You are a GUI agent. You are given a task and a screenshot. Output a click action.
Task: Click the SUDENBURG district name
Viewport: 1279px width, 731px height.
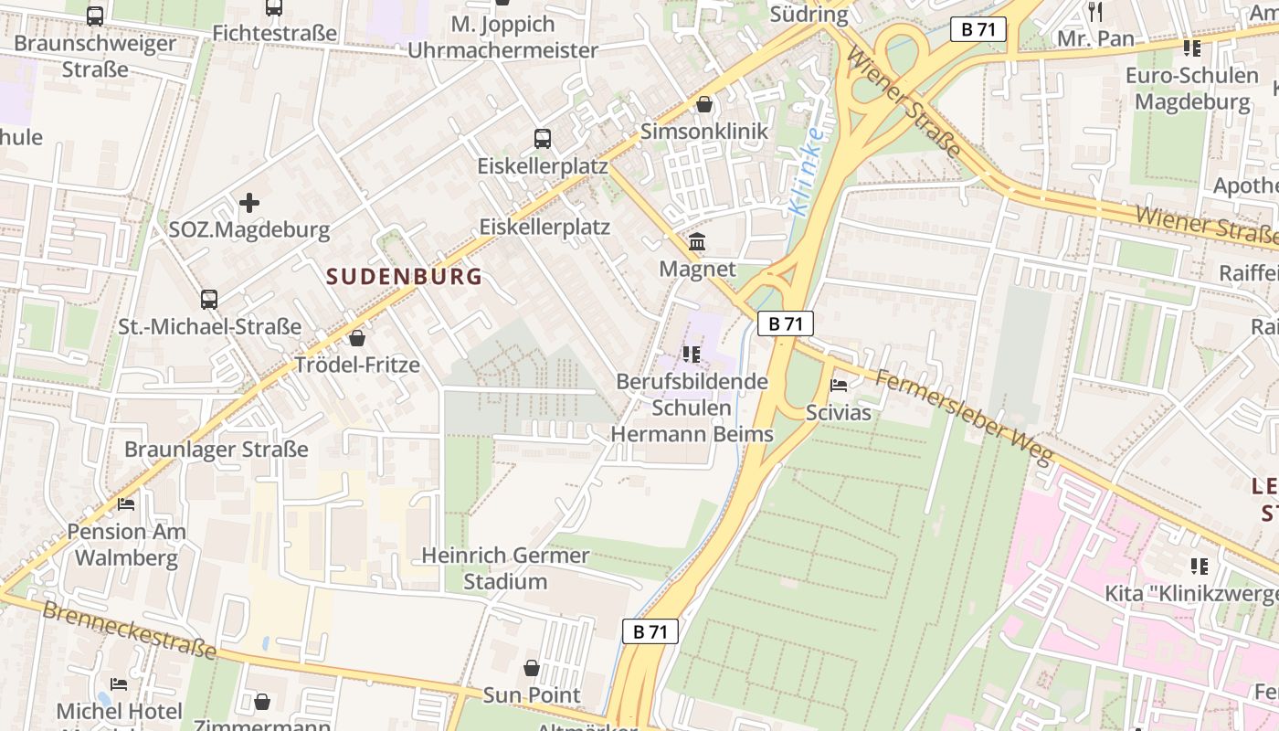(404, 276)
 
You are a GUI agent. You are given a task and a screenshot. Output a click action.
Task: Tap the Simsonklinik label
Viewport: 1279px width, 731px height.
(703, 131)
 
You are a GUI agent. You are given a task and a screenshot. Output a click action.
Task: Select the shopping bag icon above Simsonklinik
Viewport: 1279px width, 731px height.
(704, 104)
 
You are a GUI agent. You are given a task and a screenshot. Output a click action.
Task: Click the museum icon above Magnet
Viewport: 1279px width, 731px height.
(697, 242)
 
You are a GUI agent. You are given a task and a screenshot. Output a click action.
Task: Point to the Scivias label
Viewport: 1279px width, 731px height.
(838, 412)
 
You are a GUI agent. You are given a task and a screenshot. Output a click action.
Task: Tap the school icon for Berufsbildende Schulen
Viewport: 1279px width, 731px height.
(692, 354)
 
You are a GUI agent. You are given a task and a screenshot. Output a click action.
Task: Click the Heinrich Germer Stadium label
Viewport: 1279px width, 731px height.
(505, 567)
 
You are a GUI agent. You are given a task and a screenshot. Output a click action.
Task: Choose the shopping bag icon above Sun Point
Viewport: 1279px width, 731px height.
(532, 668)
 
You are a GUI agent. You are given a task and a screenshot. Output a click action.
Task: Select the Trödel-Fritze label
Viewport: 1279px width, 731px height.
(356, 365)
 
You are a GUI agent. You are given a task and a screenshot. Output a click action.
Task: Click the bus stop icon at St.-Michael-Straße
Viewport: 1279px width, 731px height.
(209, 299)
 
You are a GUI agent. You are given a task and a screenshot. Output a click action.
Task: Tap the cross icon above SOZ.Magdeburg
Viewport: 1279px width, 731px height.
(248, 202)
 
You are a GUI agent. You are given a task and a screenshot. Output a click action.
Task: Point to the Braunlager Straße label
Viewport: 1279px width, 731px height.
(216, 449)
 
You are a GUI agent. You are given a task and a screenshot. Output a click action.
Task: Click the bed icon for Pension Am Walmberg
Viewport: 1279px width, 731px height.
(126, 503)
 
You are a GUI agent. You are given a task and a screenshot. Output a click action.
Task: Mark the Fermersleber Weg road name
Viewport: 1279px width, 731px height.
(963, 415)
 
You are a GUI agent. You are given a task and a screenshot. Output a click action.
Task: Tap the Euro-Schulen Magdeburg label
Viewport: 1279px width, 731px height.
(1191, 88)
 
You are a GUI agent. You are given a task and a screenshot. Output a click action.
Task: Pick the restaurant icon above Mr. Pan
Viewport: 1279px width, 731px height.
(1095, 12)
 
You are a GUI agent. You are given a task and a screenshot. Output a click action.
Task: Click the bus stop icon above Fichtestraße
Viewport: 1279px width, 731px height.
(274, 7)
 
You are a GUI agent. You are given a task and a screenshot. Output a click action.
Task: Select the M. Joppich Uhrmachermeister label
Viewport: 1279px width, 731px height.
(502, 37)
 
